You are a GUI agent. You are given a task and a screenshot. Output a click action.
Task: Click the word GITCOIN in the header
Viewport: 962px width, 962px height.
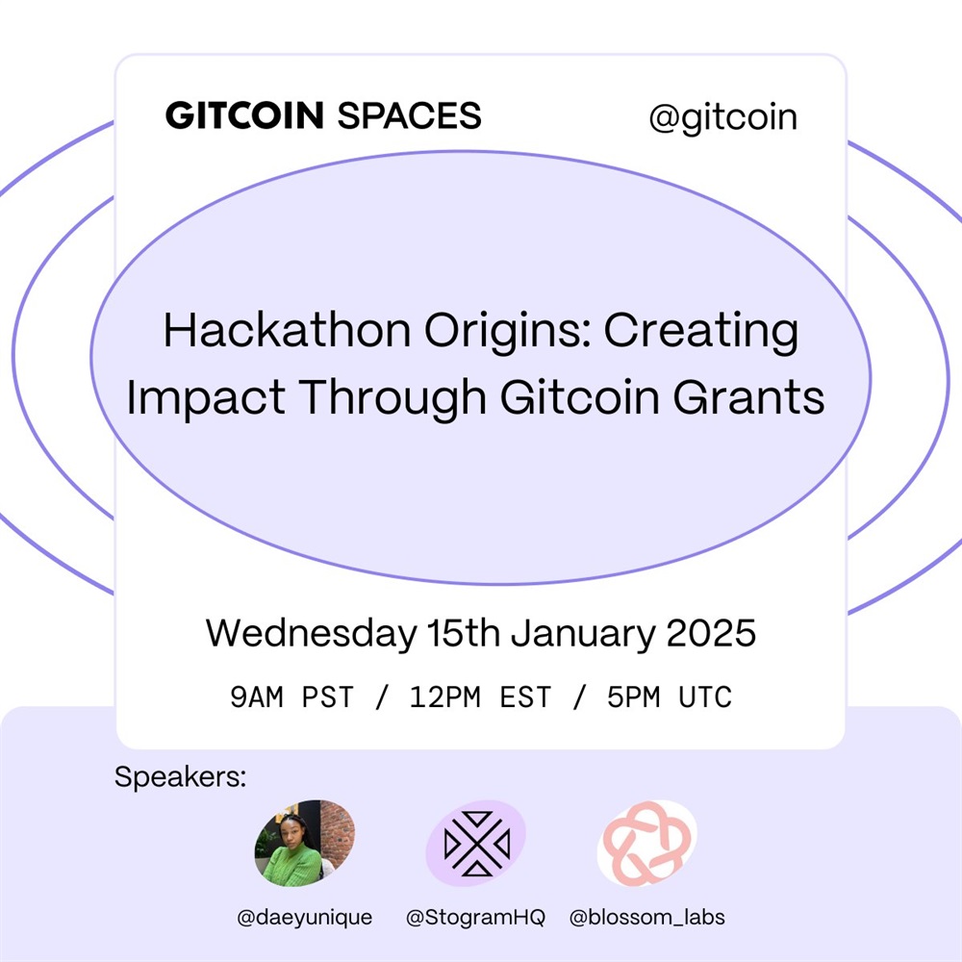point(244,115)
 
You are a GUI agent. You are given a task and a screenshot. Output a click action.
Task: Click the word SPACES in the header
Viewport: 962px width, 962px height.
point(409,115)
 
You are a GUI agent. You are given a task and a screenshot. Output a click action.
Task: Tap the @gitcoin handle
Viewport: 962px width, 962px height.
point(722,117)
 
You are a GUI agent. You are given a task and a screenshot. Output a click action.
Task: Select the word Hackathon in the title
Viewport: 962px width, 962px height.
point(287,331)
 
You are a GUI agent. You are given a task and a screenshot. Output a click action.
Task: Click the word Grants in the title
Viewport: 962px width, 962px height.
point(749,397)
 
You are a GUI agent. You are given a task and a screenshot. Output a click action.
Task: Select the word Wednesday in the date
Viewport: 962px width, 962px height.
point(311,633)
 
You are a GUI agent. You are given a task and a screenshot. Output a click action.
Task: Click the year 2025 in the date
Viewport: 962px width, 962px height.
point(711,633)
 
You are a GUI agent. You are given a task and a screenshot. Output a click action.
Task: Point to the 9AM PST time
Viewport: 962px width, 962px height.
point(292,696)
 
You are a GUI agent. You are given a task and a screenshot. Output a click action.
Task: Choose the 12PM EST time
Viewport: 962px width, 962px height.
point(480,696)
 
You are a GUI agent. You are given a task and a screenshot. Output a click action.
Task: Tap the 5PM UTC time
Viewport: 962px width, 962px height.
point(670,696)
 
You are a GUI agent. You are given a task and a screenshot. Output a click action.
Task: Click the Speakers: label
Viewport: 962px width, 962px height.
point(181,777)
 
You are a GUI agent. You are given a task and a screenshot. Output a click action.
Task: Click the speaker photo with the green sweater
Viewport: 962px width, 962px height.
point(305,843)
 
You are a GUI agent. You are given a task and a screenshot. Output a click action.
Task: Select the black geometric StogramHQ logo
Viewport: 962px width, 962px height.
point(477,843)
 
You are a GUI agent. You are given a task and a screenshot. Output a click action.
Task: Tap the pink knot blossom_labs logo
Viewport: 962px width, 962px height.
point(647,843)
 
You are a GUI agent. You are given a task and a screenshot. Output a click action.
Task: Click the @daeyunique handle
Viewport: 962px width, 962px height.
point(305,917)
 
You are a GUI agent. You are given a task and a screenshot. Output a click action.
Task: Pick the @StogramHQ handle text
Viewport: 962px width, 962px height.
point(475,917)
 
